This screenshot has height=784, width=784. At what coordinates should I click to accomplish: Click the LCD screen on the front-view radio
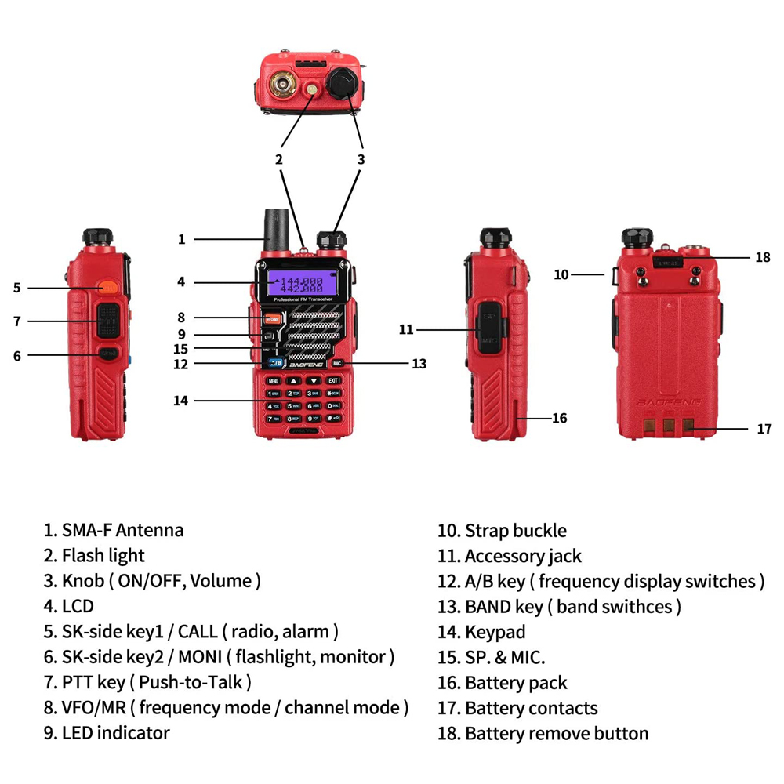301,284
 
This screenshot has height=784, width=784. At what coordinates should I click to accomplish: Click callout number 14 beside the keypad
181,401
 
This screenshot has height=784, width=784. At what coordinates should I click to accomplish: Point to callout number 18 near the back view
763,257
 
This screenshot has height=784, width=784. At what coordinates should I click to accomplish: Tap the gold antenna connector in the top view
283,83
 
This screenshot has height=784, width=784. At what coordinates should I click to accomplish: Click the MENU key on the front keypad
274,381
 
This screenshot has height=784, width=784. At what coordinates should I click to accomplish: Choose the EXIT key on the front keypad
333,381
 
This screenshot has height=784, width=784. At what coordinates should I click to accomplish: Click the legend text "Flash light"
103,556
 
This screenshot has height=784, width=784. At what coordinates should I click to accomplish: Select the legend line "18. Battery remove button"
543,734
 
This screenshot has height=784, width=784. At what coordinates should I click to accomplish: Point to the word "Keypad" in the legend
495,632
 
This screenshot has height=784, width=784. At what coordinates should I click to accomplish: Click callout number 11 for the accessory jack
405,330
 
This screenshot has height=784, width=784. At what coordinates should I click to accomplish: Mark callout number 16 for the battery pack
559,418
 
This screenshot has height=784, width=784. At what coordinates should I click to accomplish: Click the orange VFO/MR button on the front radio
272,318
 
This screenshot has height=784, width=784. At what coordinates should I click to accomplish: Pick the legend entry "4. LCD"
68,607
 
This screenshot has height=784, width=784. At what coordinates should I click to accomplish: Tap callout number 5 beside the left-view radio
17,288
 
